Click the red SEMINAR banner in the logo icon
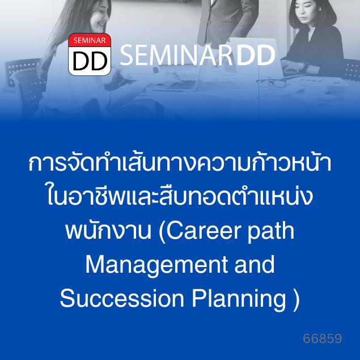(90, 40)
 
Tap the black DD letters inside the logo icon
(90, 61)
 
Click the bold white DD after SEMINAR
(256, 55)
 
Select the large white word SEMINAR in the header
(176, 55)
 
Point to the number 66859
(323, 338)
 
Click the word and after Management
(255, 264)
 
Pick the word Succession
(122, 298)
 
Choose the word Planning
(239, 299)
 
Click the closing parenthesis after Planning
(297, 299)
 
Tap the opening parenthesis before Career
(162, 232)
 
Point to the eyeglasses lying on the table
(270, 83)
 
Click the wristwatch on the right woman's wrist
(306, 66)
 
